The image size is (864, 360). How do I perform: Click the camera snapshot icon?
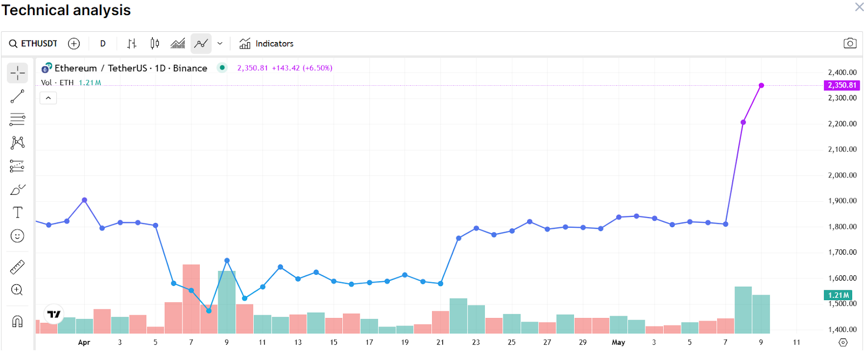[850, 43]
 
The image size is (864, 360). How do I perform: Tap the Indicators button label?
[274, 44]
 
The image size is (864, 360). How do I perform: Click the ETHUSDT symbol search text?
[39, 44]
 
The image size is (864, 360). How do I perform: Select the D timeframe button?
[103, 44]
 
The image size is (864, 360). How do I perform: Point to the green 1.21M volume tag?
[838, 295]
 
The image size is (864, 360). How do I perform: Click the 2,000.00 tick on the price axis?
[842, 175]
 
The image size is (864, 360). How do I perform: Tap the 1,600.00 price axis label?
[842, 279]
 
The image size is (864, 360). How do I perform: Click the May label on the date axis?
[618, 342]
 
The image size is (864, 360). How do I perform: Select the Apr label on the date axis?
[84, 342]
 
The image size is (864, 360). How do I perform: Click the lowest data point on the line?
[209, 310]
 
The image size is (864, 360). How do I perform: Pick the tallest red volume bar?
[191, 298]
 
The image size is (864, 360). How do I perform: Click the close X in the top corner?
[859, 7]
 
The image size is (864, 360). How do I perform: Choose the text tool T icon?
[17, 213]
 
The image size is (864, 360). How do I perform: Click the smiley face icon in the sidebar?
[17, 236]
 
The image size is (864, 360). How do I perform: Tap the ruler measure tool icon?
[17, 267]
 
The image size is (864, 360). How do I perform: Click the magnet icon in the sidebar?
[17, 322]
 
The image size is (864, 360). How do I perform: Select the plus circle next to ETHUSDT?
[74, 44]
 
